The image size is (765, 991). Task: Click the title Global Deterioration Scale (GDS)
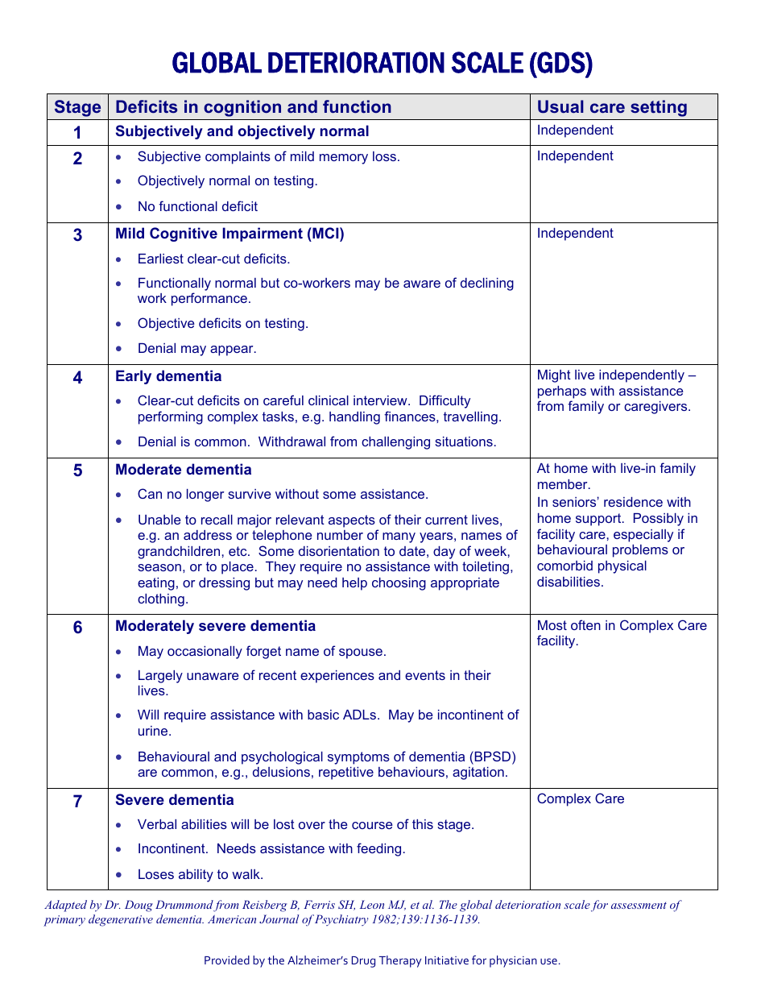click(x=382, y=64)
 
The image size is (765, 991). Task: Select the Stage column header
click(x=77, y=107)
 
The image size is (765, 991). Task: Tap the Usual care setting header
click(x=612, y=107)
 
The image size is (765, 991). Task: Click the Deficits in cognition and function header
click(x=253, y=107)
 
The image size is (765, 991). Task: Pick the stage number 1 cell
click(x=77, y=132)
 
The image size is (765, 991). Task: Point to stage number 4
click(x=77, y=377)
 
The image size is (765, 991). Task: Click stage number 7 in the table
click(x=77, y=801)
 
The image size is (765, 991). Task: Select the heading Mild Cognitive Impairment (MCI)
click(x=229, y=234)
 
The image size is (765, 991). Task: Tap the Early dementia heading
click(x=168, y=376)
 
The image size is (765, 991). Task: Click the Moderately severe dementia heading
click(x=215, y=626)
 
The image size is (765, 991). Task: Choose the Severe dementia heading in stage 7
click(x=175, y=800)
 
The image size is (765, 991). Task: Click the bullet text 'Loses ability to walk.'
click(x=201, y=874)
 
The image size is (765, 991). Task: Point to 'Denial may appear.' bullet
click(x=196, y=349)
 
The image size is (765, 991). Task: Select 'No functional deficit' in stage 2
click(x=197, y=207)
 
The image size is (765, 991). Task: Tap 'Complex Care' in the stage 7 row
click(x=581, y=799)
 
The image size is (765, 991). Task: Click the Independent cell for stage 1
click(x=575, y=131)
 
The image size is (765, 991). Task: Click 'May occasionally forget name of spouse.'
click(x=262, y=651)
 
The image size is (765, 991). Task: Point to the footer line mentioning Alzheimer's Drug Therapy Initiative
click(x=382, y=960)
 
